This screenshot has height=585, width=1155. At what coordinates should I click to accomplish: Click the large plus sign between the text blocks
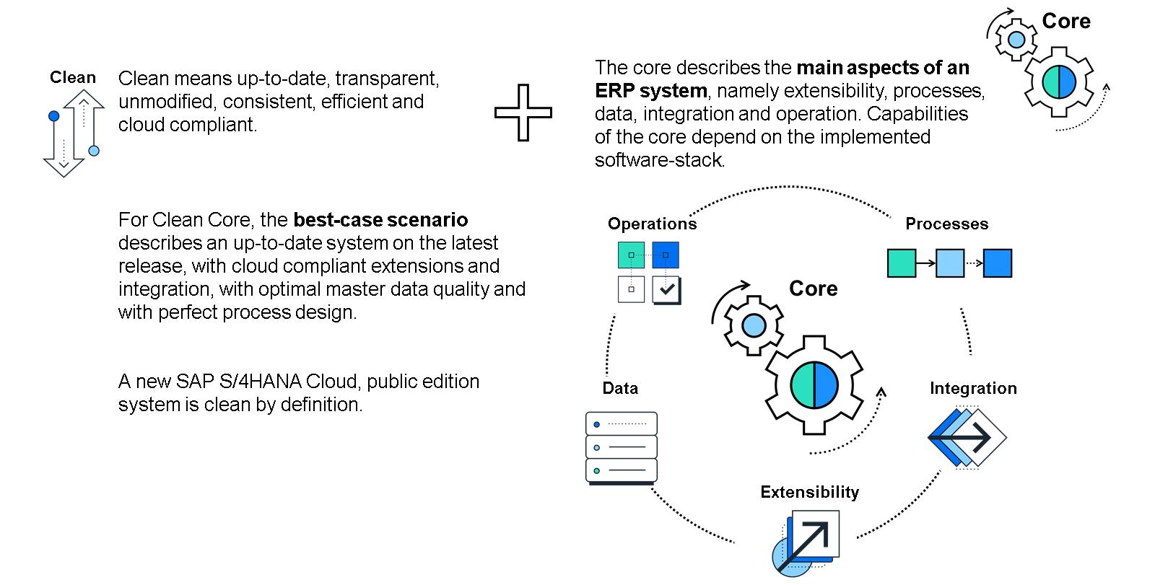(x=523, y=113)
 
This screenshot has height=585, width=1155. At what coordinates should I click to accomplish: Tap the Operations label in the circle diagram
(x=652, y=224)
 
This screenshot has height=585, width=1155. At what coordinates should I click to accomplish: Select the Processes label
(x=946, y=224)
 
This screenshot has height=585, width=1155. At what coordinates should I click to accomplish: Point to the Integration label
(x=972, y=388)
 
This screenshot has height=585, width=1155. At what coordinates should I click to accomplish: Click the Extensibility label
(x=809, y=492)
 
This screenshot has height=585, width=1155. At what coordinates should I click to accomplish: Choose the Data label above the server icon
(x=620, y=388)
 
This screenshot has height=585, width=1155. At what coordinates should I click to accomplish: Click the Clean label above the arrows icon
(x=72, y=77)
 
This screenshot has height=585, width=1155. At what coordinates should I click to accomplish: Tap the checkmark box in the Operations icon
(x=666, y=289)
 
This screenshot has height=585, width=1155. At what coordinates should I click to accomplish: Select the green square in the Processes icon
(x=901, y=263)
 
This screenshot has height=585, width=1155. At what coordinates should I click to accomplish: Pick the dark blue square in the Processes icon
(x=998, y=263)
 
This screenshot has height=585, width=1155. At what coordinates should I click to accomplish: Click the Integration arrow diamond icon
(x=967, y=437)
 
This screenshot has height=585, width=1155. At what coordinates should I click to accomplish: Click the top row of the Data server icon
(x=622, y=423)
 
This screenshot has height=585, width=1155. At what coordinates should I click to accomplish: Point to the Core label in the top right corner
(x=1065, y=21)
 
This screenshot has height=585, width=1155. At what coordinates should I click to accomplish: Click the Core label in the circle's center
(x=813, y=289)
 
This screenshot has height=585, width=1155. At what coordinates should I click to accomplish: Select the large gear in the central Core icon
(x=814, y=384)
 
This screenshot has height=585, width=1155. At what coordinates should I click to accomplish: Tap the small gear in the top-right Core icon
(x=1016, y=39)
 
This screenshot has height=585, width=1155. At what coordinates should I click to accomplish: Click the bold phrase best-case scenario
(x=380, y=219)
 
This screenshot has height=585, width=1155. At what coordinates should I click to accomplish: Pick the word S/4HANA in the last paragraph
(x=256, y=381)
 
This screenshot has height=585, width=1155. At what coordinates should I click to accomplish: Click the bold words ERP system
(x=650, y=90)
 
